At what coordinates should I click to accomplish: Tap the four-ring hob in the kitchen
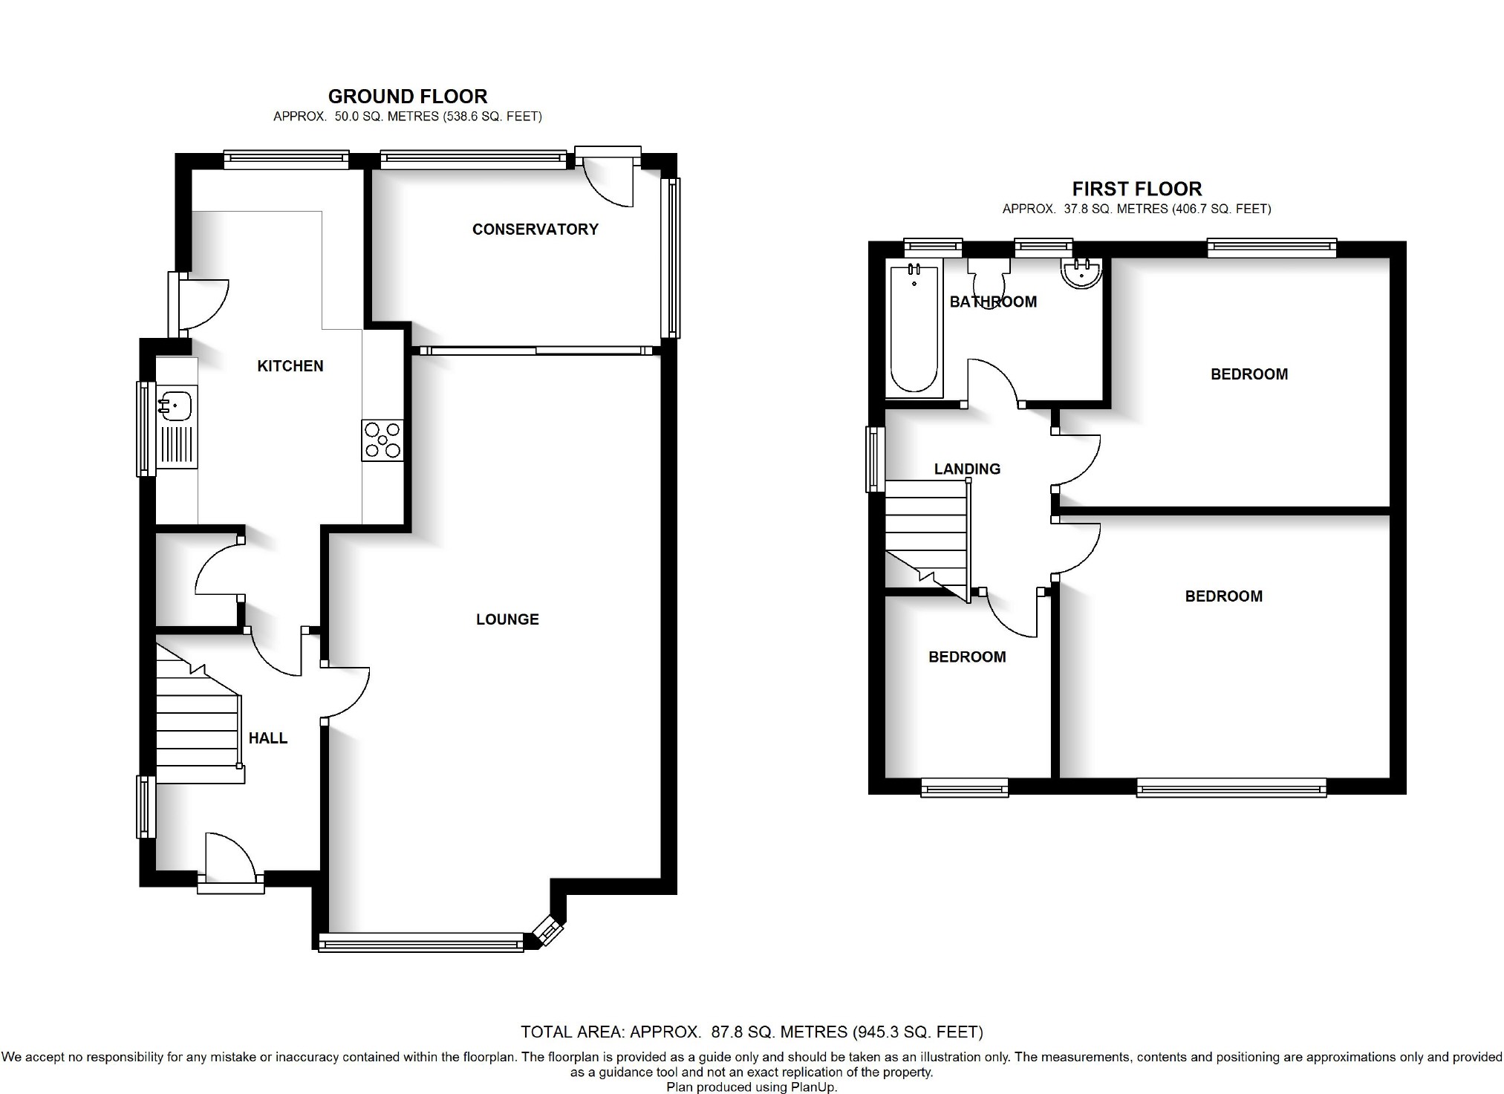tap(382, 440)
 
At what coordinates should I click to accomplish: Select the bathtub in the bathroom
tap(914, 329)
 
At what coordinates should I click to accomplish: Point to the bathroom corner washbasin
tap(1082, 273)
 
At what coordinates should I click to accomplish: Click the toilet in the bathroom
tap(989, 280)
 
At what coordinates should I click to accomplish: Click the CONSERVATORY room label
tap(535, 229)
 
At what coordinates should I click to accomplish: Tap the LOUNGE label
tap(507, 619)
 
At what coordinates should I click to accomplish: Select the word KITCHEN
tap(290, 366)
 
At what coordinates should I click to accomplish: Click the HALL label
tap(267, 738)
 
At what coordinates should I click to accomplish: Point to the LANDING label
tap(967, 469)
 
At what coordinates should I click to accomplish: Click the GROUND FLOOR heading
tap(408, 97)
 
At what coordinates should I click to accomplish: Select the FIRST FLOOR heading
tap(1136, 189)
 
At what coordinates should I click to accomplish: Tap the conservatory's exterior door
tap(608, 178)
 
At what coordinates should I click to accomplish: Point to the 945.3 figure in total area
tap(882, 1032)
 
